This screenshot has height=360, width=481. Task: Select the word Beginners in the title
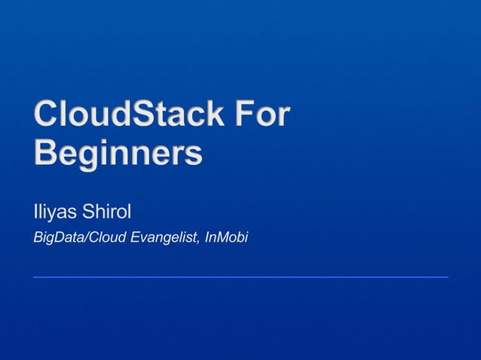click(118, 154)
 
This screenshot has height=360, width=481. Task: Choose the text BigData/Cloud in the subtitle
click(80, 239)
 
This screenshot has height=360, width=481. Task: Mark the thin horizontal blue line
click(240, 277)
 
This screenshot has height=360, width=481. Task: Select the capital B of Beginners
click(45, 153)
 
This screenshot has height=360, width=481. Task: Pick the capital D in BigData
click(61, 238)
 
